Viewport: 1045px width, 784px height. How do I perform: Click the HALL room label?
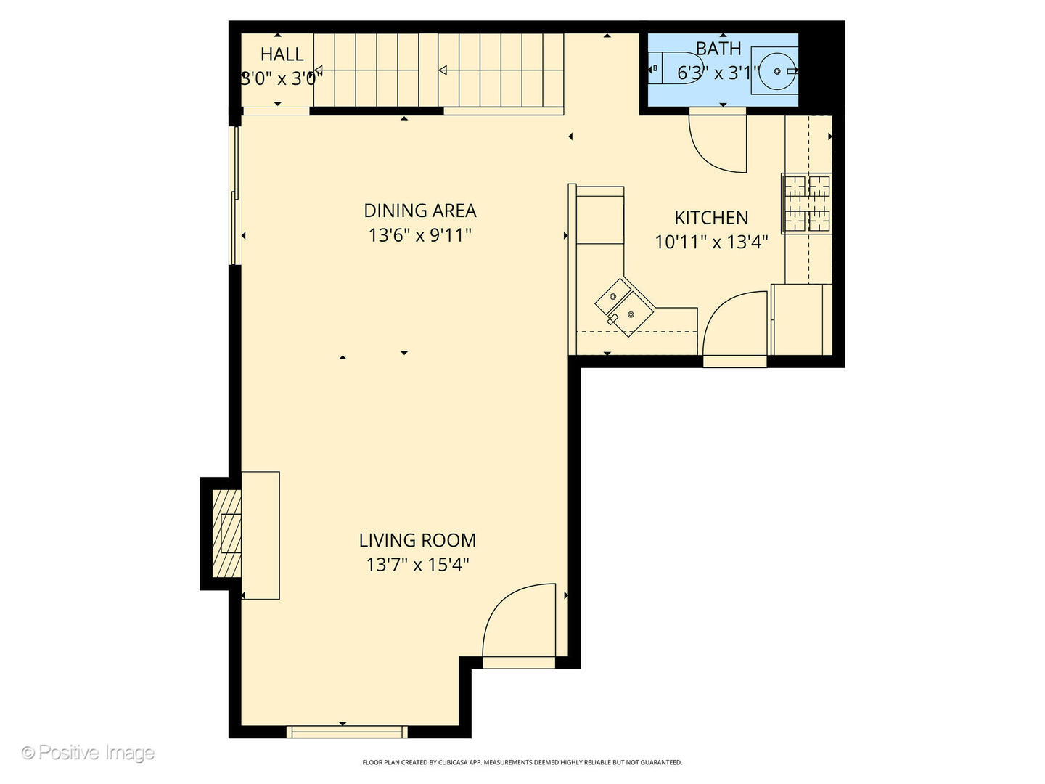click(x=282, y=54)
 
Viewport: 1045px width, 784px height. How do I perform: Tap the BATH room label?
click(x=718, y=49)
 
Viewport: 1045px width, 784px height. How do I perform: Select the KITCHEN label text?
click(x=711, y=218)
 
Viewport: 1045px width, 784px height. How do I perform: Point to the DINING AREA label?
click(x=419, y=211)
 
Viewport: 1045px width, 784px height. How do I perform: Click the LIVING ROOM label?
click(x=417, y=540)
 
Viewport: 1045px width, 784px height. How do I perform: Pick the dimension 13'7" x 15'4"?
click(x=417, y=565)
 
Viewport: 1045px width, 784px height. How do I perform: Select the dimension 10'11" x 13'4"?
click(x=711, y=242)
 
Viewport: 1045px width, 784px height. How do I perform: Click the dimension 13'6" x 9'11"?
click(x=419, y=235)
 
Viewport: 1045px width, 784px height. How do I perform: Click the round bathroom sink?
click(x=774, y=71)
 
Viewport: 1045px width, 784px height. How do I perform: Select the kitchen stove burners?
click(x=806, y=203)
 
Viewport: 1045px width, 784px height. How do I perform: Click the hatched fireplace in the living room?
click(x=226, y=534)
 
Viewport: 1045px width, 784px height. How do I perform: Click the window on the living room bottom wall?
click(x=347, y=732)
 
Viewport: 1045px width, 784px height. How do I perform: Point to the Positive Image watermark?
click(x=88, y=753)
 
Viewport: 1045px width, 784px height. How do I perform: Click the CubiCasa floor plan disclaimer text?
click(x=522, y=762)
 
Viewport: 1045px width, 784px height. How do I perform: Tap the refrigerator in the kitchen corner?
click(x=801, y=319)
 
